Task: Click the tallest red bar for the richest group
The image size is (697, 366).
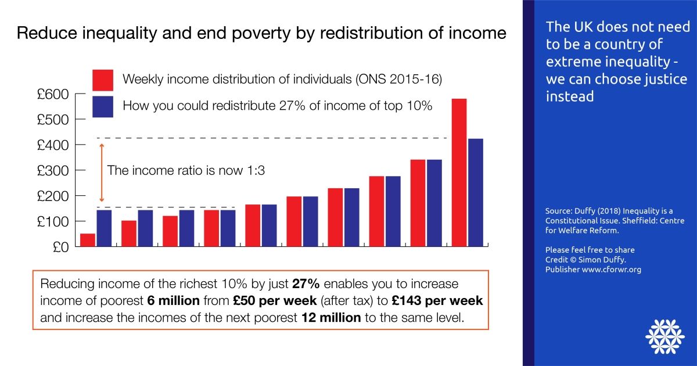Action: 459,173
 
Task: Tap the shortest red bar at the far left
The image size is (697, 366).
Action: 88,240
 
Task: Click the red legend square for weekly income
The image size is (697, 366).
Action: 103,80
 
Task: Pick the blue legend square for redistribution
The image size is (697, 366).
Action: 103,106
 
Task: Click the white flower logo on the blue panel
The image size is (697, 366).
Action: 663,336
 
